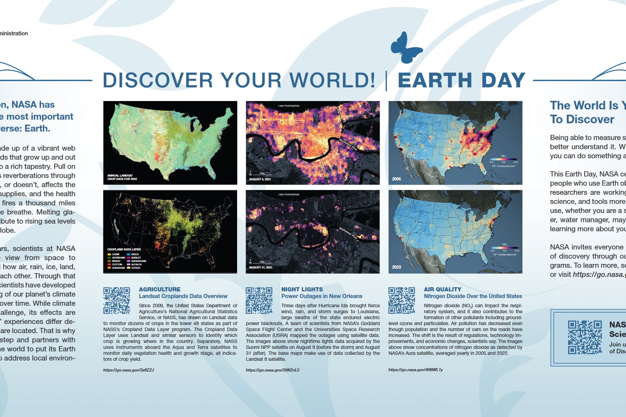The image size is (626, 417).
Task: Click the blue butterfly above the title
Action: [x=406, y=48]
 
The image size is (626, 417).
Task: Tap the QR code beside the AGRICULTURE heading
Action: [x=116, y=300]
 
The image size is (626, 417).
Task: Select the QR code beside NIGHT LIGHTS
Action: [x=259, y=300]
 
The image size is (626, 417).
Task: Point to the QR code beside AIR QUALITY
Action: [x=402, y=300]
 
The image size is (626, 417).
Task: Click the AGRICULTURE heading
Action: [x=159, y=289]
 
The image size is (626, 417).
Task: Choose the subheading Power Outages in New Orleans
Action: [x=321, y=296]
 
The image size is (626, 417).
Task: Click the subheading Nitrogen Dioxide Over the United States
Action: [x=472, y=296]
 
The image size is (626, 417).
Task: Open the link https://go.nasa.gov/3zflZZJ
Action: [x=128, y=370]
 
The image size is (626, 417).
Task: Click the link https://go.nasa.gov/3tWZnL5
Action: [x=272, y=370]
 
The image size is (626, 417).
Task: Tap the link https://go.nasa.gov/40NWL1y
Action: [x=415, y=370]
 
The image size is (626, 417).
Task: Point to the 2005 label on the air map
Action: [x=396, y=179]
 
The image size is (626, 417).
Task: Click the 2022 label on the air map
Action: [x=396, y=267]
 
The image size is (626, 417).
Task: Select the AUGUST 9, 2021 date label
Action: [x=260, y=179]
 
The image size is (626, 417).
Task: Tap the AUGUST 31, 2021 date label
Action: [x=260, y=267]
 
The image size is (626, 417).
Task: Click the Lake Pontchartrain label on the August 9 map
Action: [x=289, y=106]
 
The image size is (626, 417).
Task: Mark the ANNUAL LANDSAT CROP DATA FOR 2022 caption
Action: [x=122, y=177]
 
